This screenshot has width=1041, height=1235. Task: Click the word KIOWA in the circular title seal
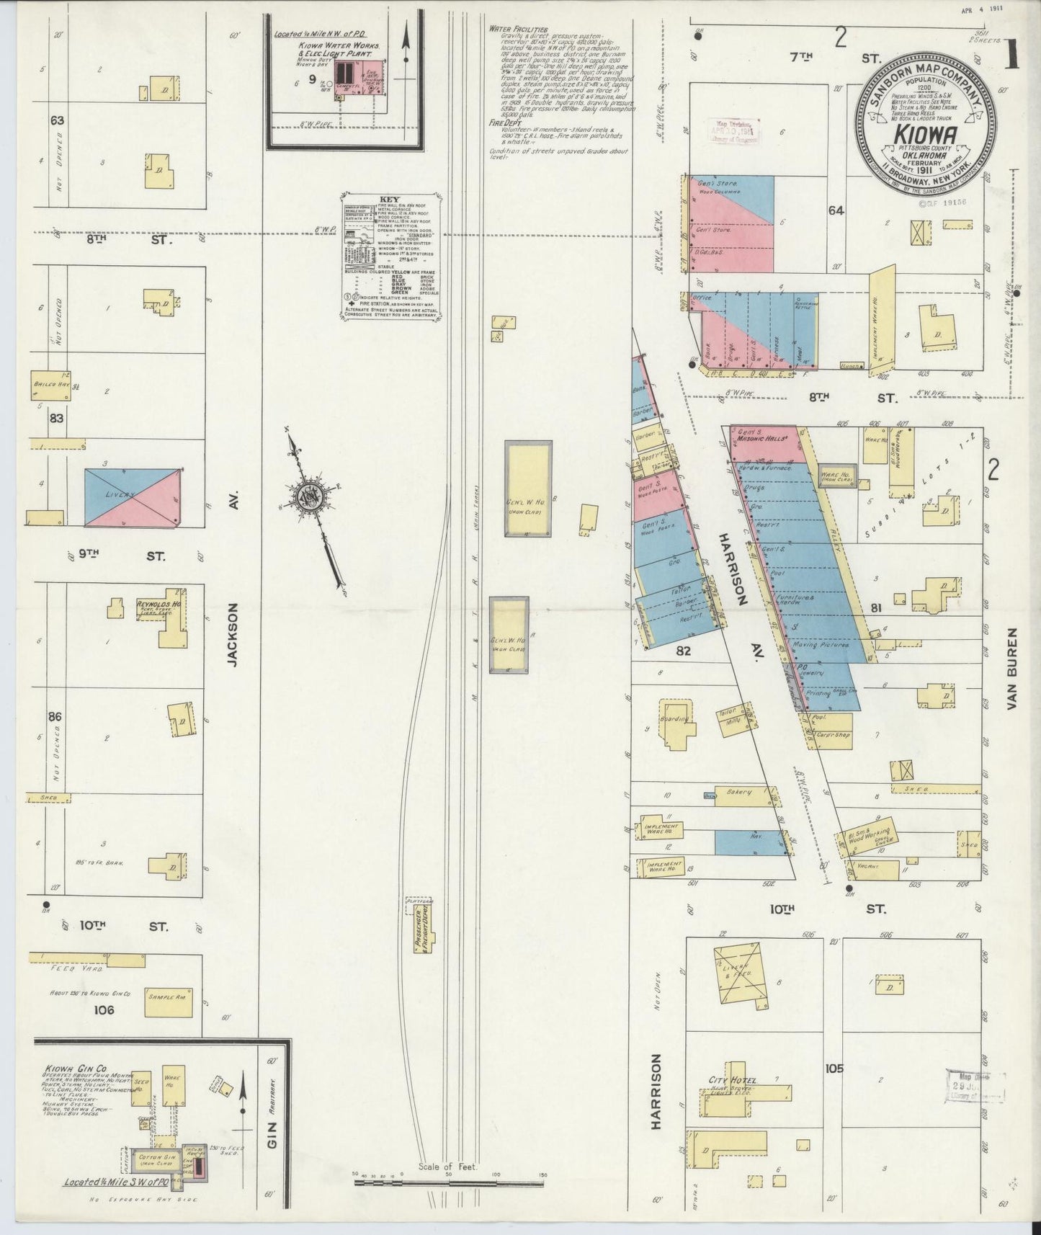click(x=925, y=135)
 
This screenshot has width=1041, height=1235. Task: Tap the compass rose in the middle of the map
click(x=310, y=498)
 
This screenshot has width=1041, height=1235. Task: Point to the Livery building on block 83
click(x=133, y=497)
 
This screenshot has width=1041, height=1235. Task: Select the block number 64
click(x=836, y=211)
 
